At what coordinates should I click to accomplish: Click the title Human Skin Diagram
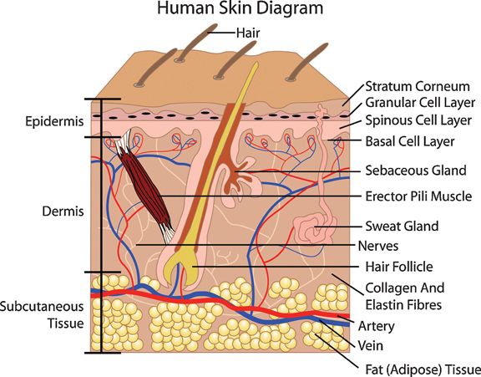click(240, 8)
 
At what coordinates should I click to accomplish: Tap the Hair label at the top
click(248, 33)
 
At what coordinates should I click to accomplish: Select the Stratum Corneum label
click(418, 86)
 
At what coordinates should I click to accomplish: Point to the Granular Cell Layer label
click(420, 103)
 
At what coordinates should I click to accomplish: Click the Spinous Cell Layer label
click(418, 120)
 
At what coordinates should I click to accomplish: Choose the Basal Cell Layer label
click(410, 141)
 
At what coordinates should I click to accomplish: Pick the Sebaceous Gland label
click(416, 170)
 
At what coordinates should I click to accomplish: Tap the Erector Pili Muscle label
click(418, 196)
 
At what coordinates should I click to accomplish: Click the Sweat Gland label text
click(402, 226)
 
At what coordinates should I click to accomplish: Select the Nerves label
click(378, 246)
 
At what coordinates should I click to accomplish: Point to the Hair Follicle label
click(399, 267)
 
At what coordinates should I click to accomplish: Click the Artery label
click(377, 326)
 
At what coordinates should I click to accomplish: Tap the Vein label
click(371, 346)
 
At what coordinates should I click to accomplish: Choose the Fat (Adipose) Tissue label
click(423, 369)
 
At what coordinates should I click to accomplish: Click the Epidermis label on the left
click(54, 121)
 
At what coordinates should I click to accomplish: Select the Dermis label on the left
click(63, 211)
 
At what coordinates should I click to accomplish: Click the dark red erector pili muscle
click(144, 186)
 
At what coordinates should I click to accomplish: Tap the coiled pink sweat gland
click(312, 229)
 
